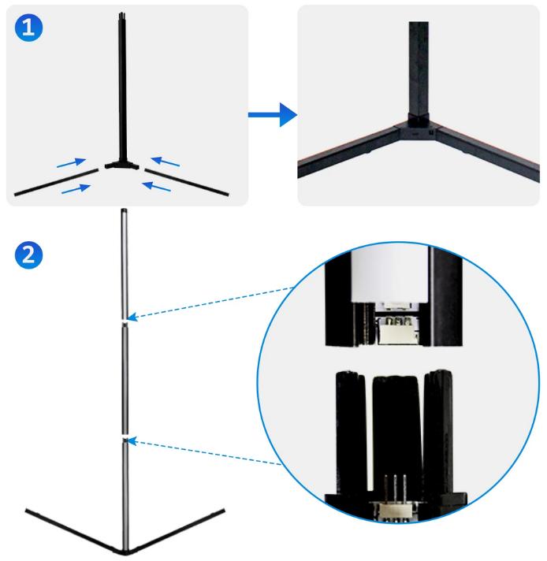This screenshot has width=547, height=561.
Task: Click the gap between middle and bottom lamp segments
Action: [125, 436]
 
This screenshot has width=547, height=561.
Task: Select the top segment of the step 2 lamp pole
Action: [124, 264]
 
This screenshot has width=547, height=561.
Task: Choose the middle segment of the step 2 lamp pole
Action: [125, 378]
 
